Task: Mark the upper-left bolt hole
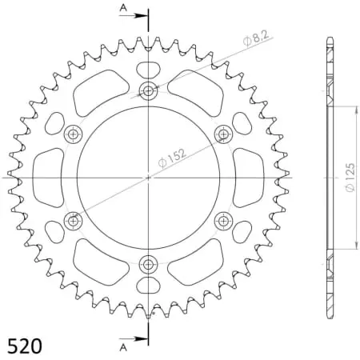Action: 74,132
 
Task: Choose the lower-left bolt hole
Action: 74,219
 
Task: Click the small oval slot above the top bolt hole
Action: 148,69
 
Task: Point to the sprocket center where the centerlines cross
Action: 148,176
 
